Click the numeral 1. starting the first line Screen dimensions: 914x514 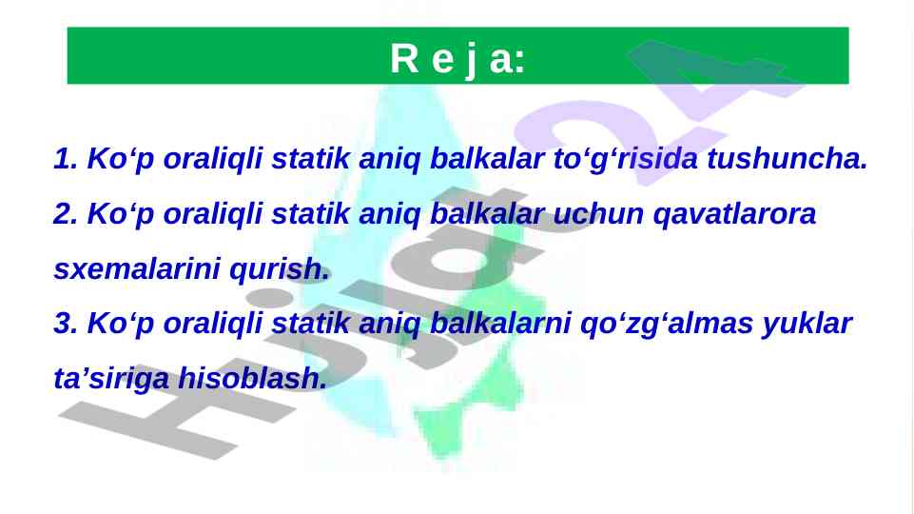coord(66,159)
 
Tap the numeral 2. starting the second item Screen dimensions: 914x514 coord(66,213)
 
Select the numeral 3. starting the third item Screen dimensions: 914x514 coord(66,324)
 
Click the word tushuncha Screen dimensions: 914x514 coord(788,159)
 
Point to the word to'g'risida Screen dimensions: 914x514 coord(626,159)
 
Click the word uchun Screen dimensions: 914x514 coord(598,213)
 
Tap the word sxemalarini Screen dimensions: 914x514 coord(137,269)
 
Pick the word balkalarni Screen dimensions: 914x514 coord(500,324)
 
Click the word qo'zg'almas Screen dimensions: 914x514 coord(667,325)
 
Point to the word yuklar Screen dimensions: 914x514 coord(807,325)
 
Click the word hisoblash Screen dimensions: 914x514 coord(252,378)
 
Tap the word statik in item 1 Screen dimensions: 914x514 coord(310,159)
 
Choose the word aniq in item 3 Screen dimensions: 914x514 coord(389,325)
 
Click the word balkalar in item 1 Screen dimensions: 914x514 coord(487,159)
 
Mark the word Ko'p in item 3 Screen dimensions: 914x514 coord(121,325)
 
